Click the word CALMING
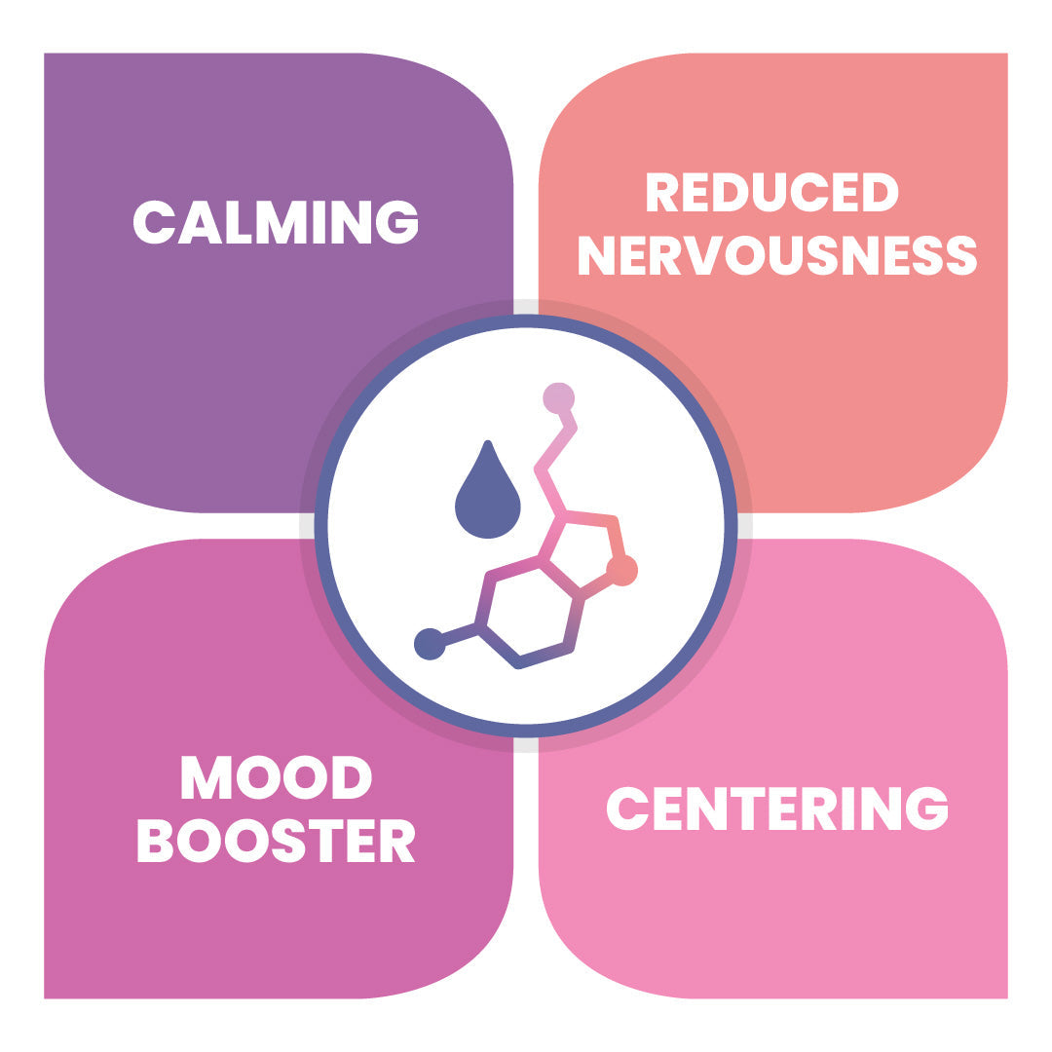[276, 222]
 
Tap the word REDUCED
[771, 192]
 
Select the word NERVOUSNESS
[777, 255]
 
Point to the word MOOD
[277, 777]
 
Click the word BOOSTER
[277, 840]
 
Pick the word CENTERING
[777, 808]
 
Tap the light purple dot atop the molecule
[559, 397]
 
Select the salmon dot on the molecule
[622, 570]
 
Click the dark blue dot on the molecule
[430, 644]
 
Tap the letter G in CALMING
[397, 222]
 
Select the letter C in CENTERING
[628, 808]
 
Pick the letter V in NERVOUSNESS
[702, 255]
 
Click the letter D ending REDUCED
[880, 192]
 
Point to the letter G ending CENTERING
[926, 808]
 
